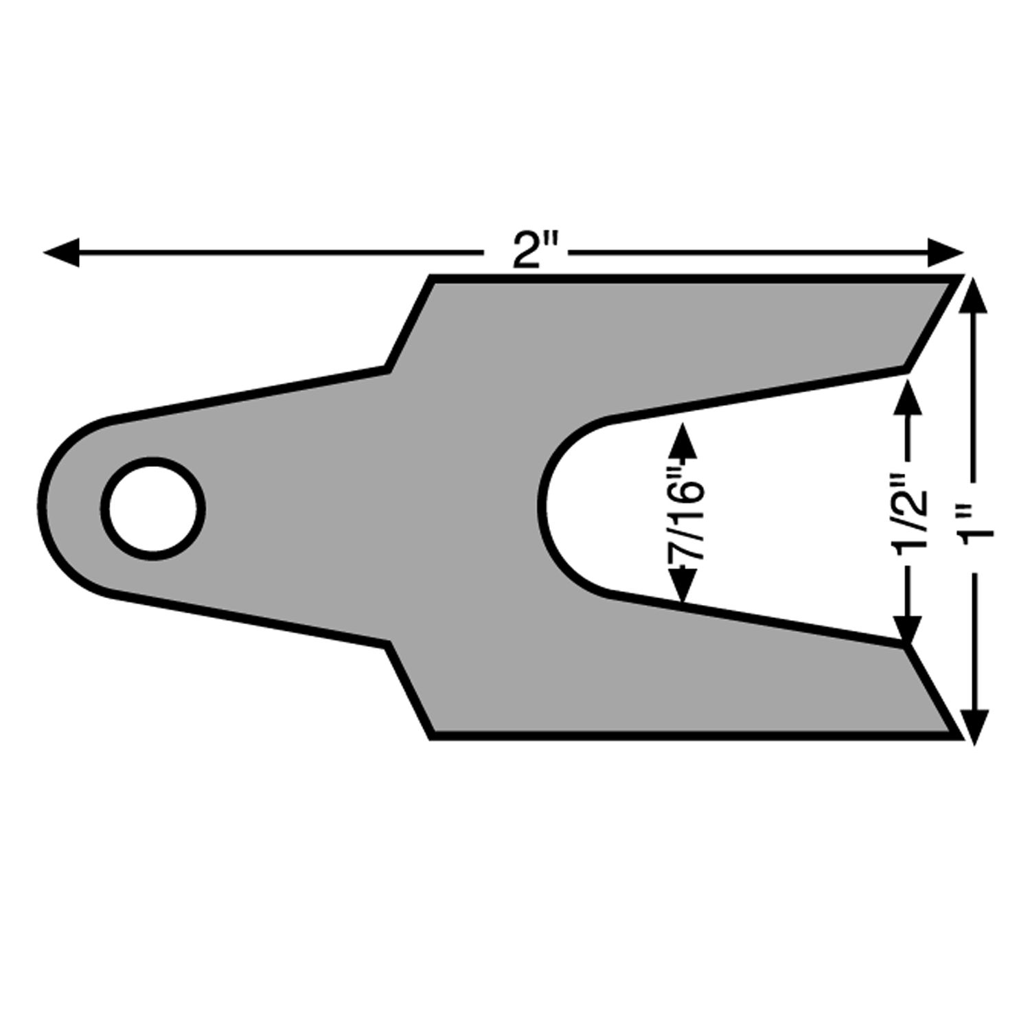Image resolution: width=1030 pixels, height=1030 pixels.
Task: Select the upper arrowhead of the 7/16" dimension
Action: (x=683, y=440)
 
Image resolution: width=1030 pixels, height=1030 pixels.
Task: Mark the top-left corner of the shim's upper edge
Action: (x=432, y=277)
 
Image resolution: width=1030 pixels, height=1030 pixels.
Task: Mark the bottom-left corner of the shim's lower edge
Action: (x=432, y=737)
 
